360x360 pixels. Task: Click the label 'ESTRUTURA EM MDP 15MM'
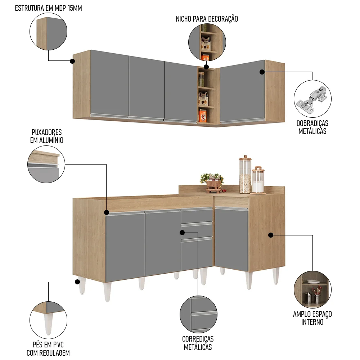49,8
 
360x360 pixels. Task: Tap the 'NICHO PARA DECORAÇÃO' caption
207,19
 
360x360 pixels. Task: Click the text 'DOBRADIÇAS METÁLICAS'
312,127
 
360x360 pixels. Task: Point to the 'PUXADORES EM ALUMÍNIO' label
46,136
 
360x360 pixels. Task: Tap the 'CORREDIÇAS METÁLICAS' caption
198,343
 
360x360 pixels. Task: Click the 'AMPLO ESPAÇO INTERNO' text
312,318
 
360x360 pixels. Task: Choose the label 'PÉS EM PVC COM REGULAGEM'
48,348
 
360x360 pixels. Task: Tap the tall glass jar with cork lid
245,175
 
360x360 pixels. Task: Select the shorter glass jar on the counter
258,180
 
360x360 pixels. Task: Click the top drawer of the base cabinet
197,216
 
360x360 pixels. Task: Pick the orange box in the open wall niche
203,116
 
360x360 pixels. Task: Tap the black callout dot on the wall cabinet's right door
262,72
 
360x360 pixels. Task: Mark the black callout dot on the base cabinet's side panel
271,235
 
